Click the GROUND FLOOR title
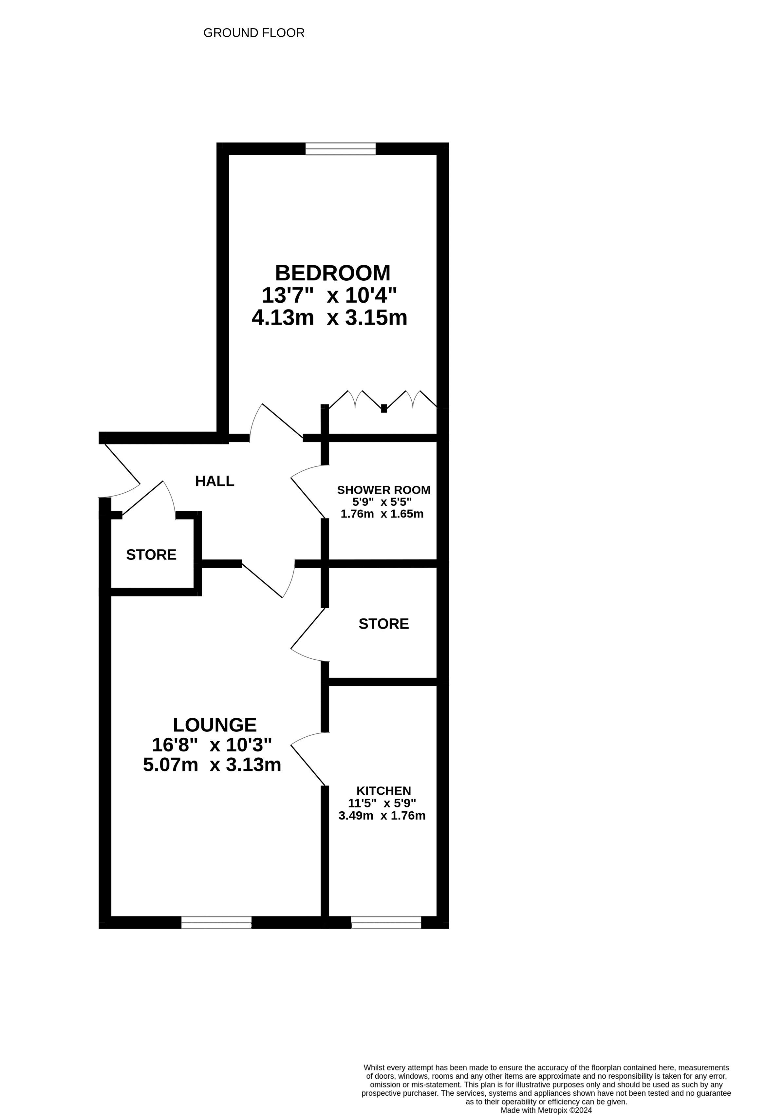tap(254, 33)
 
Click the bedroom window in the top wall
tap(341, 149)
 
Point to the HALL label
tap(215, 481)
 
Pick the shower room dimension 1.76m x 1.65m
tap(382, 514)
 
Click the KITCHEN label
tap(384, 791)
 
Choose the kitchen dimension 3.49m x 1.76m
tap(382, 816)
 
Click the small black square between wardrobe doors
tap(384, 409)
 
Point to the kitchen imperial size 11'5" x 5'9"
tap(382, 803)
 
